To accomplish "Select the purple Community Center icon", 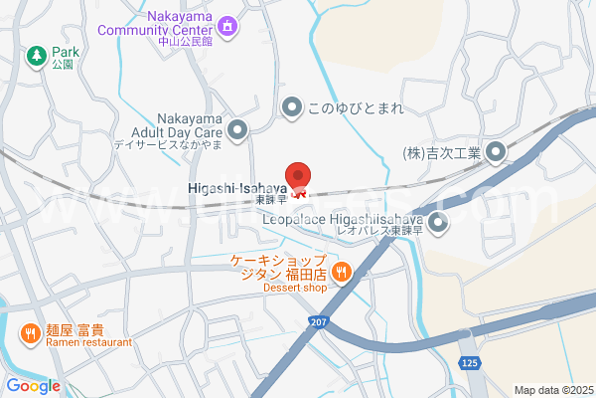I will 227,25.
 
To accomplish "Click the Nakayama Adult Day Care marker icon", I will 237,129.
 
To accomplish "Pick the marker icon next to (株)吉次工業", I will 496,152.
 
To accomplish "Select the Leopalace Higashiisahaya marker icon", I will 437,223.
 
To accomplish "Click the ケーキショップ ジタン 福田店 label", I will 280,269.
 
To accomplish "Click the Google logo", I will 33,386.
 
